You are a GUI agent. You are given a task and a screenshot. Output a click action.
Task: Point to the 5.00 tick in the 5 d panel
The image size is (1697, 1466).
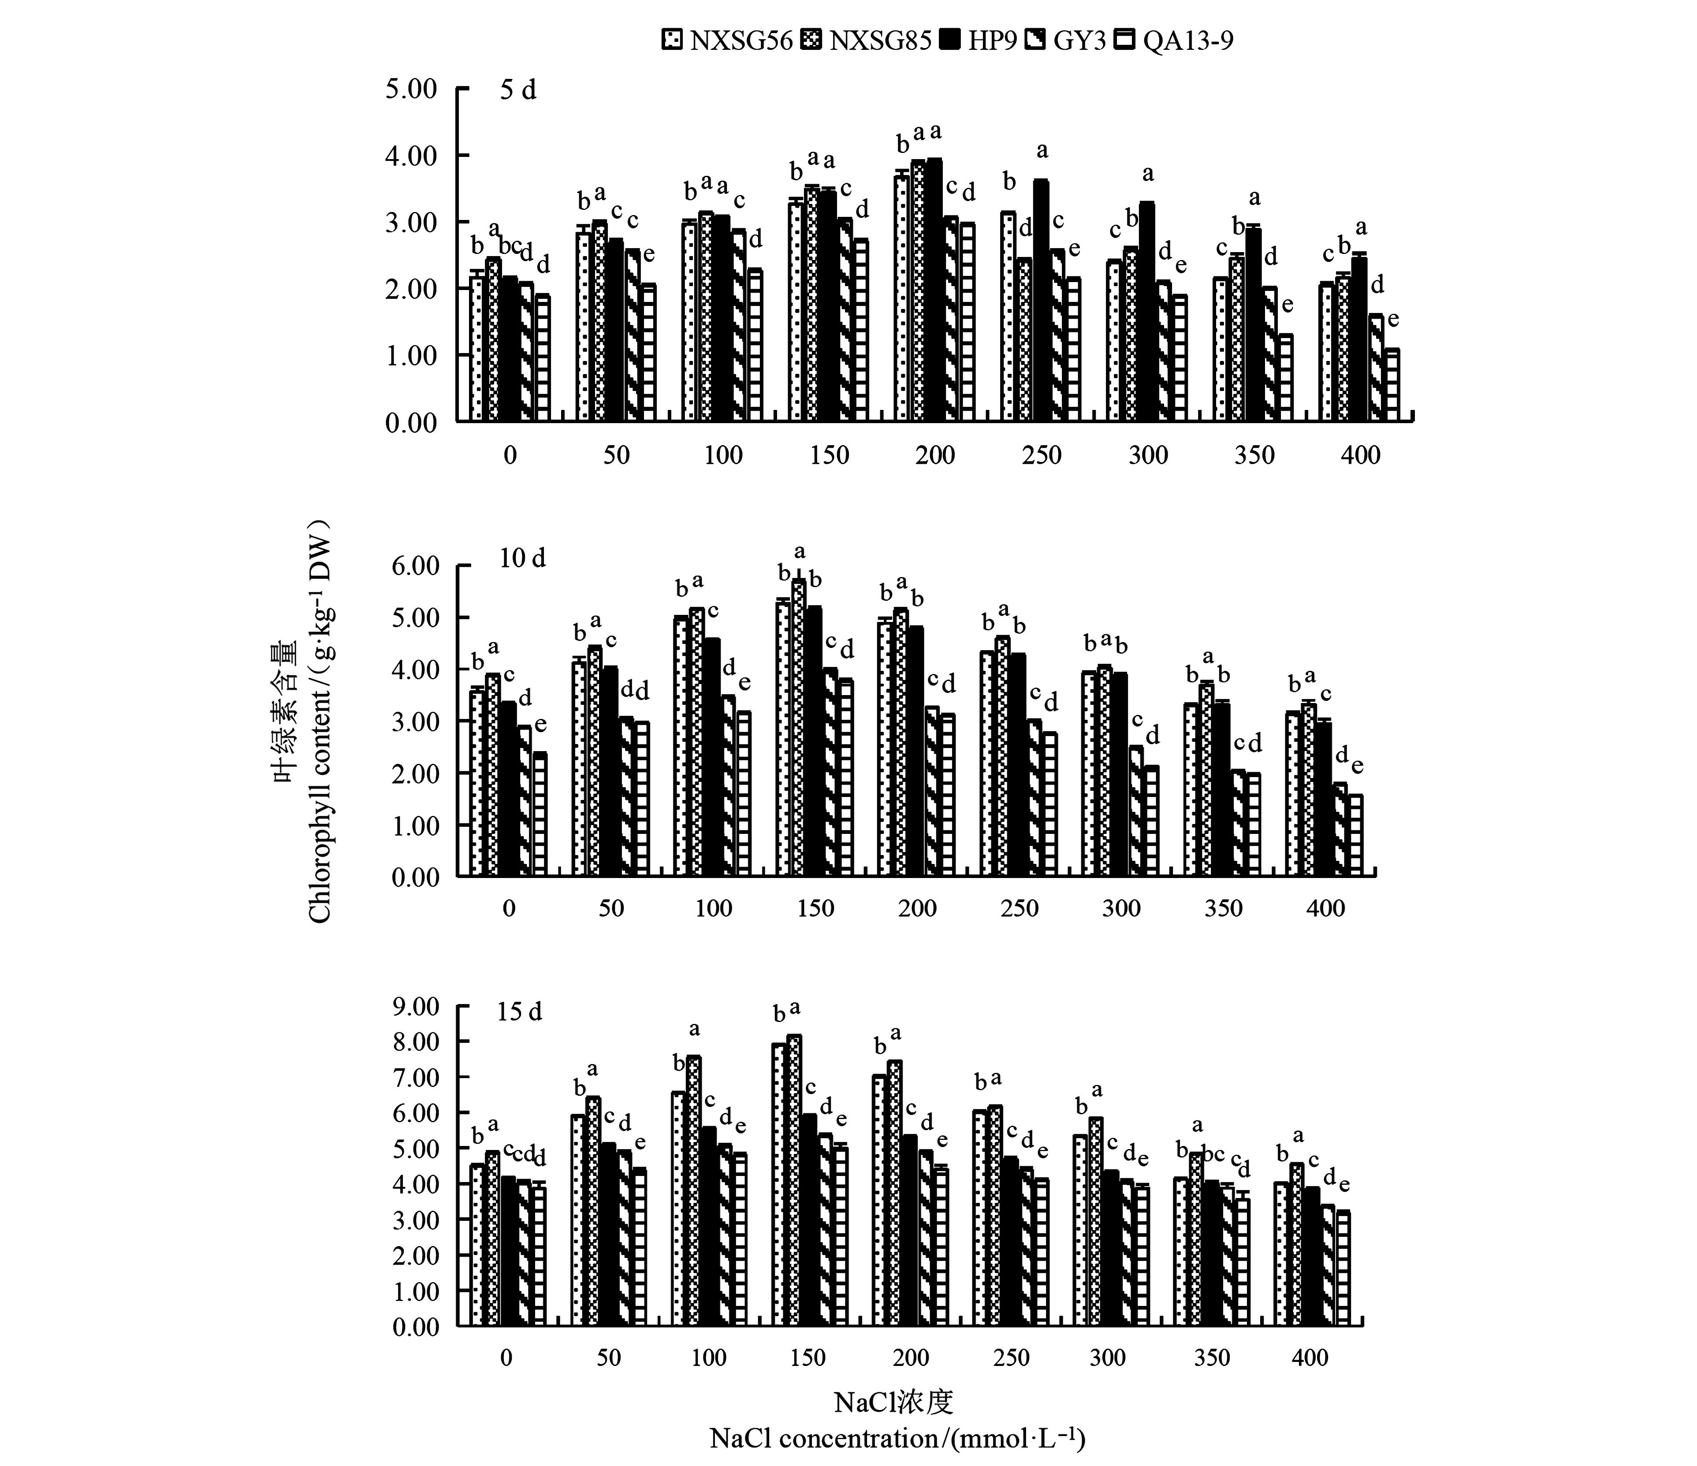(411, 89)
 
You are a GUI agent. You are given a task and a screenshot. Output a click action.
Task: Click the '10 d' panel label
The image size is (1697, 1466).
(522, 558)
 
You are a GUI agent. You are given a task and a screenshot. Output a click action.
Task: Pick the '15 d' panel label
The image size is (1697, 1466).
(519, 1012)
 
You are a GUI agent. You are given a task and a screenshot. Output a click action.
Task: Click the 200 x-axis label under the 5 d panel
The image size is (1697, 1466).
(935, 455)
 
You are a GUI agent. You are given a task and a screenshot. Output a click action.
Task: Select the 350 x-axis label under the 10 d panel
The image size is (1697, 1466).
(1224, 908)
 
